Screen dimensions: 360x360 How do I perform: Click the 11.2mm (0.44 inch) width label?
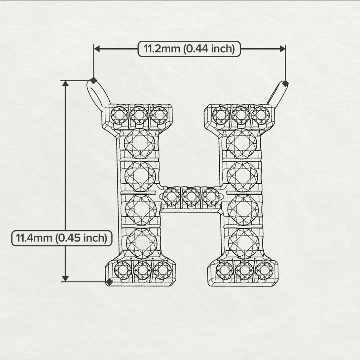tap(189, 49)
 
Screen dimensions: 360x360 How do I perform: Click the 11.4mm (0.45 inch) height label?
tap(62, 238)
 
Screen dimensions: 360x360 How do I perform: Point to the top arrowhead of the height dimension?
tap(65, 83)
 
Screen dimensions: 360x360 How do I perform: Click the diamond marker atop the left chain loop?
tap(93, 80)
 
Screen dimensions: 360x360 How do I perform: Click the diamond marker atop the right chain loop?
tap(285, 84)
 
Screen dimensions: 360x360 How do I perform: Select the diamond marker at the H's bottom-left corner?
tap(109, 282)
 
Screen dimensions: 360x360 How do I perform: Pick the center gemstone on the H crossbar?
tap(191, 197)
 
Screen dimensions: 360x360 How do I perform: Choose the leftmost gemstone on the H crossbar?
tap(171, 197)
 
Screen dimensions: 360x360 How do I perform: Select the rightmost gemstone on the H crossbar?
tap(211, 197)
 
